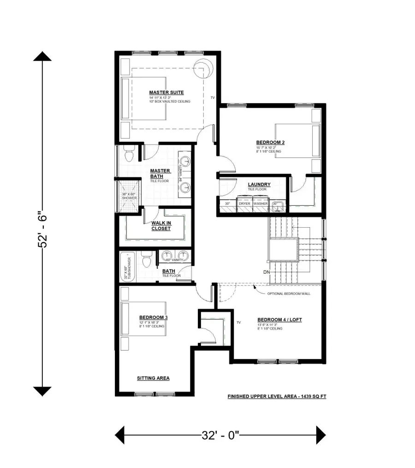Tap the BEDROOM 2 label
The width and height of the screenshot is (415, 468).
point(270,142)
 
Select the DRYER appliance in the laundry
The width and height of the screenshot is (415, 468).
point(244,203)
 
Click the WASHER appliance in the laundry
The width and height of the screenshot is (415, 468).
point(260,203)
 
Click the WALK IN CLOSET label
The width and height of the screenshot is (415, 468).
point(161,225)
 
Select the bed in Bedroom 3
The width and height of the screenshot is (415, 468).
point(143,319)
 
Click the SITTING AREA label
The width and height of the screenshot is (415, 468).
point(153,378)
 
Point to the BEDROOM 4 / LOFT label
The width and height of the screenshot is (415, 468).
point(279,320)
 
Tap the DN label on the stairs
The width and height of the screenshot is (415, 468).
point(267,272)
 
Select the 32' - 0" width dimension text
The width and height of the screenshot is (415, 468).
point(219,434)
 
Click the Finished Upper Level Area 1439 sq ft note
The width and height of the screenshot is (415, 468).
point(277,396)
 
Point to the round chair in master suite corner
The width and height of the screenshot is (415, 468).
point(203,69)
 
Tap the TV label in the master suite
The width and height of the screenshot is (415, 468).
point(213,98)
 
